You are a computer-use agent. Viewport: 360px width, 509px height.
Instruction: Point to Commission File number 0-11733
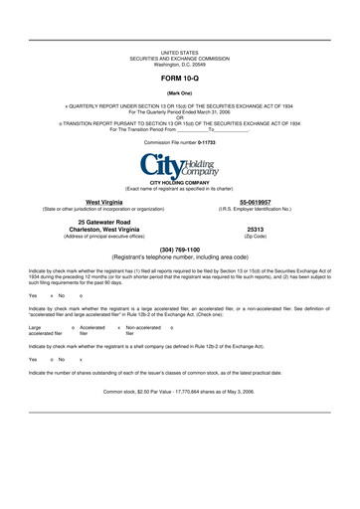click(x=179, y=142)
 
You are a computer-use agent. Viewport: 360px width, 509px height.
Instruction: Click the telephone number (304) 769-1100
click(x=179, y=249)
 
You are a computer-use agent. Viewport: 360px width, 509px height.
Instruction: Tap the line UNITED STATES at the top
click(x=179, y=52)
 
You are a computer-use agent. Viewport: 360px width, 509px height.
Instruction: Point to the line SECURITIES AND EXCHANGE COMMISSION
click(x=179, y=58)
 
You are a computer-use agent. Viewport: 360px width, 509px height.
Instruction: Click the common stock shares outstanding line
click(x=179, y=392)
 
